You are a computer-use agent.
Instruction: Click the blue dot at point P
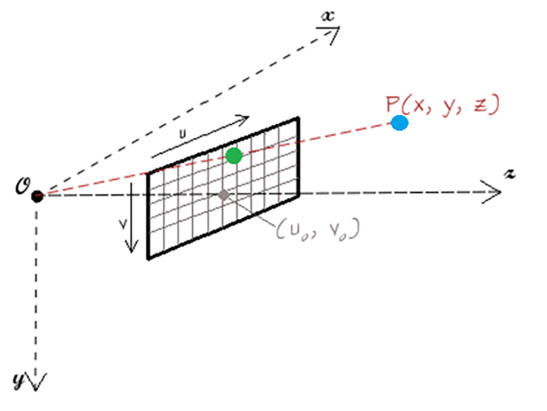(399, 123)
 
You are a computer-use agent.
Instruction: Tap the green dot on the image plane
(234, 156)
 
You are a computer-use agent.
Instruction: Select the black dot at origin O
(37, 196)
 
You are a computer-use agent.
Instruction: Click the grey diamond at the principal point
(224, 195)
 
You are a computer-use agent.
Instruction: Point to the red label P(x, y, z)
(443, 105)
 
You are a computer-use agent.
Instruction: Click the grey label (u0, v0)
(317, 229)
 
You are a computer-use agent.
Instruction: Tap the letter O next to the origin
(23, 186)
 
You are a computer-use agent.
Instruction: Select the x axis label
(328, 16)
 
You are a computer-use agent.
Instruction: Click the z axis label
(509, 174)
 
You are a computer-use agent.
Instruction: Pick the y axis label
(19, 380)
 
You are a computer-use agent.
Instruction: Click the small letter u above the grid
(183, 133)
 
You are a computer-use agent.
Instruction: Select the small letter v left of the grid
(123, 225)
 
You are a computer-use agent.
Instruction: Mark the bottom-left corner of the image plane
(148, 259)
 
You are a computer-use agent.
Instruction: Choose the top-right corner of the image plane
(298, 118)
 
